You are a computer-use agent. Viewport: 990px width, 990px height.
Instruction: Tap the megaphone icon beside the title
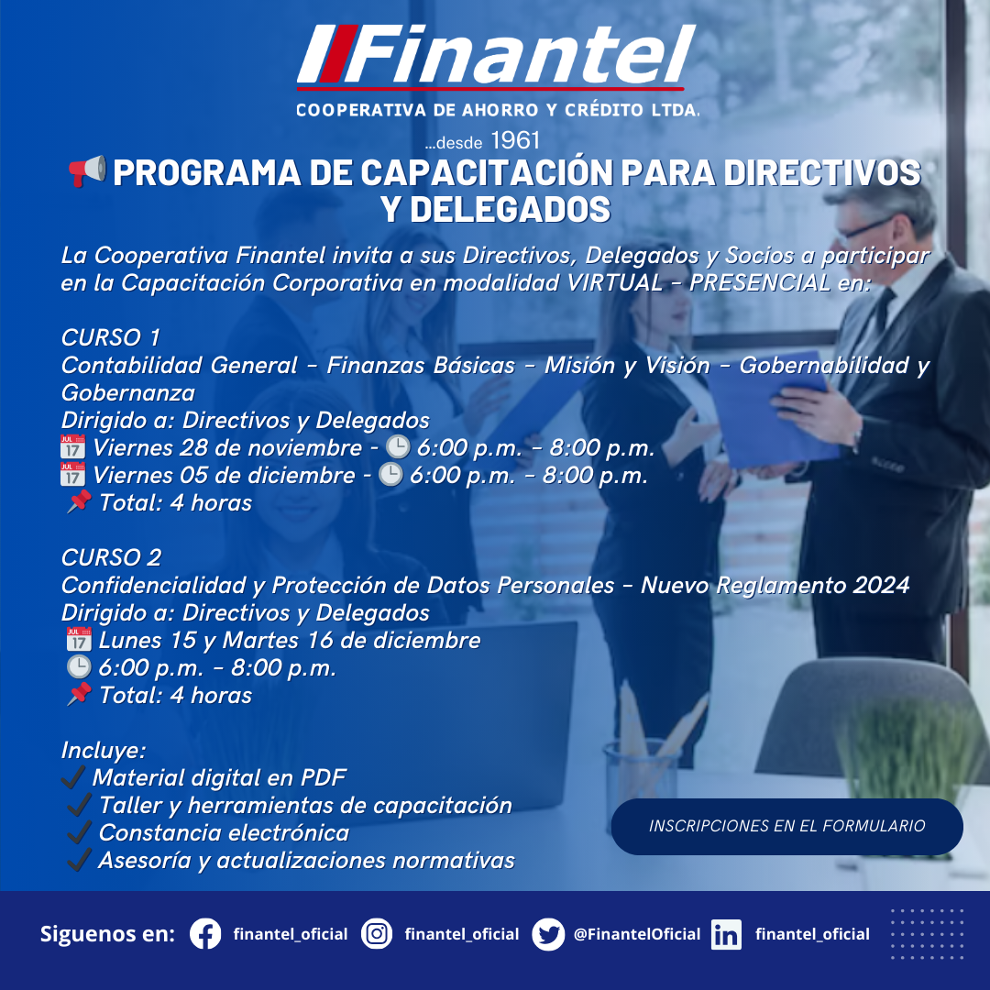click(x=87, y=171)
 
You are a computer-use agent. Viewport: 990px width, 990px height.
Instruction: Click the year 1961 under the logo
click(x=515, y=140)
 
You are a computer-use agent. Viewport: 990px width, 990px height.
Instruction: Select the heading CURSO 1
click(x=111, y=337)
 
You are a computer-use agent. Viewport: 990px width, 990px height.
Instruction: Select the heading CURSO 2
click(x=111, y=557)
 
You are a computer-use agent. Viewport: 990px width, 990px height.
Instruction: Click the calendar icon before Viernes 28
click(x=72, y=446)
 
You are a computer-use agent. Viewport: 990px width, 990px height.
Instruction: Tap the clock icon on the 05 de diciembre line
click(x=390, y=474)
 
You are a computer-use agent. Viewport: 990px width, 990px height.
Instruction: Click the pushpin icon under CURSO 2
click(x=79, y=695)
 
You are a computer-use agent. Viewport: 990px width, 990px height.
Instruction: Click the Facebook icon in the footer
click(x=206, y=934)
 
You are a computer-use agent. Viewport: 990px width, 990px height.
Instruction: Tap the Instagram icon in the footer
click(x=377, y=934)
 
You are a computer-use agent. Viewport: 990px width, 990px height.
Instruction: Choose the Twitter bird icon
click(x=548, y=934)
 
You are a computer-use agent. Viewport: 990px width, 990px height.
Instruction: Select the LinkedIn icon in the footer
click(x=727, y=934)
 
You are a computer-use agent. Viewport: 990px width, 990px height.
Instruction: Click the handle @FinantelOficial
click(x=637, y=934)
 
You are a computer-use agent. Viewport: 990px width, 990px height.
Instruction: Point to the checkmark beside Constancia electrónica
click(x=80, y=832)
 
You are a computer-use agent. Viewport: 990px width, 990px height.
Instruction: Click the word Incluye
click(x=104, y=750)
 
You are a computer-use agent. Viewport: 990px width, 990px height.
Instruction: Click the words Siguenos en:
click(x=107, y=934)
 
